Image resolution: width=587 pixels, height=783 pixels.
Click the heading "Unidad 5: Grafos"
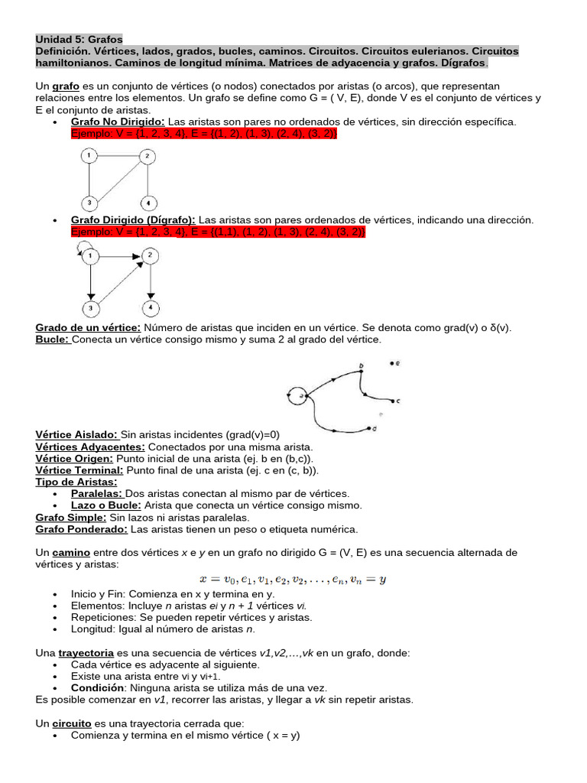(79, 39)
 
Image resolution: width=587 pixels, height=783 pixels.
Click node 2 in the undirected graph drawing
(147, 157)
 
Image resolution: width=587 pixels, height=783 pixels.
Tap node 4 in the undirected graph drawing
(149, 203)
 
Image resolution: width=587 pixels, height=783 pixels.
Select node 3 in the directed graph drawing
(90, 308)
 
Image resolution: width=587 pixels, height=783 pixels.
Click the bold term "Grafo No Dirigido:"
(118, 122)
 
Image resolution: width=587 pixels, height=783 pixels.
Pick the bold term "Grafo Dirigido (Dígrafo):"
(133, 219)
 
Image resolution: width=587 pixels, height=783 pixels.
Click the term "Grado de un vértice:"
(88, 327)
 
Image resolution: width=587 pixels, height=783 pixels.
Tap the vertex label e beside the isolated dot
(398, 363)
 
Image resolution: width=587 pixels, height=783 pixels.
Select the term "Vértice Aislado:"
(76, 434)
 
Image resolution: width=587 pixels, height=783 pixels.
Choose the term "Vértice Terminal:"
(79, 470)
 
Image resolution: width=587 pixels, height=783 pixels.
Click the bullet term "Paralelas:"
(96, 494)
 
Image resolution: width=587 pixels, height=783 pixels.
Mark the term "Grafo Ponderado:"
(82, 529)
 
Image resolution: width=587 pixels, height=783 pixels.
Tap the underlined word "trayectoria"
(86, 653)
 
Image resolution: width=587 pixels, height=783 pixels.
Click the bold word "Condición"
(96, 688)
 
